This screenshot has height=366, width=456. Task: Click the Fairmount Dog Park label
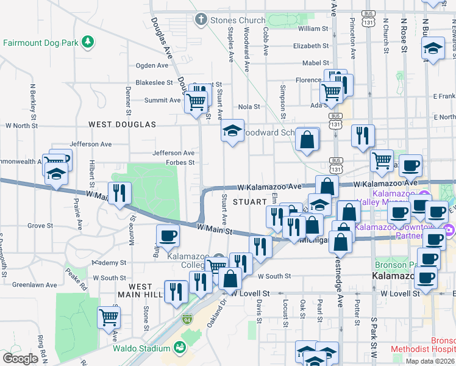pos(41,43)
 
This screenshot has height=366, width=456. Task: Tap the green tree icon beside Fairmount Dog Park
pos(89,41)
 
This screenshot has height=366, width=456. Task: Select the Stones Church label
pos(238,20)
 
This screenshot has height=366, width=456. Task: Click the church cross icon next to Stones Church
pos(200,20)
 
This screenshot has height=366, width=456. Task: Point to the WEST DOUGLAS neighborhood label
pos(122,124)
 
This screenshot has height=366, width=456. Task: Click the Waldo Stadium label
pos(141,348)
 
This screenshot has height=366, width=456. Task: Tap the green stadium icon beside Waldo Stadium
pos(180,348)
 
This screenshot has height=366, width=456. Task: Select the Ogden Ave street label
pos(152,65)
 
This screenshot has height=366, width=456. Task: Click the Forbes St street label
pos(180,163)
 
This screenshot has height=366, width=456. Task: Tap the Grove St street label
pos(40,226)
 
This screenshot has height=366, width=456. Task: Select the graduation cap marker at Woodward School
pos(232,131)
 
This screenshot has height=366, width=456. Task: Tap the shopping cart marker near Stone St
pos(109,317)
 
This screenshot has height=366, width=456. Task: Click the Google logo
pos(20,359)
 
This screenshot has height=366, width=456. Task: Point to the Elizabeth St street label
pos(310,46)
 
